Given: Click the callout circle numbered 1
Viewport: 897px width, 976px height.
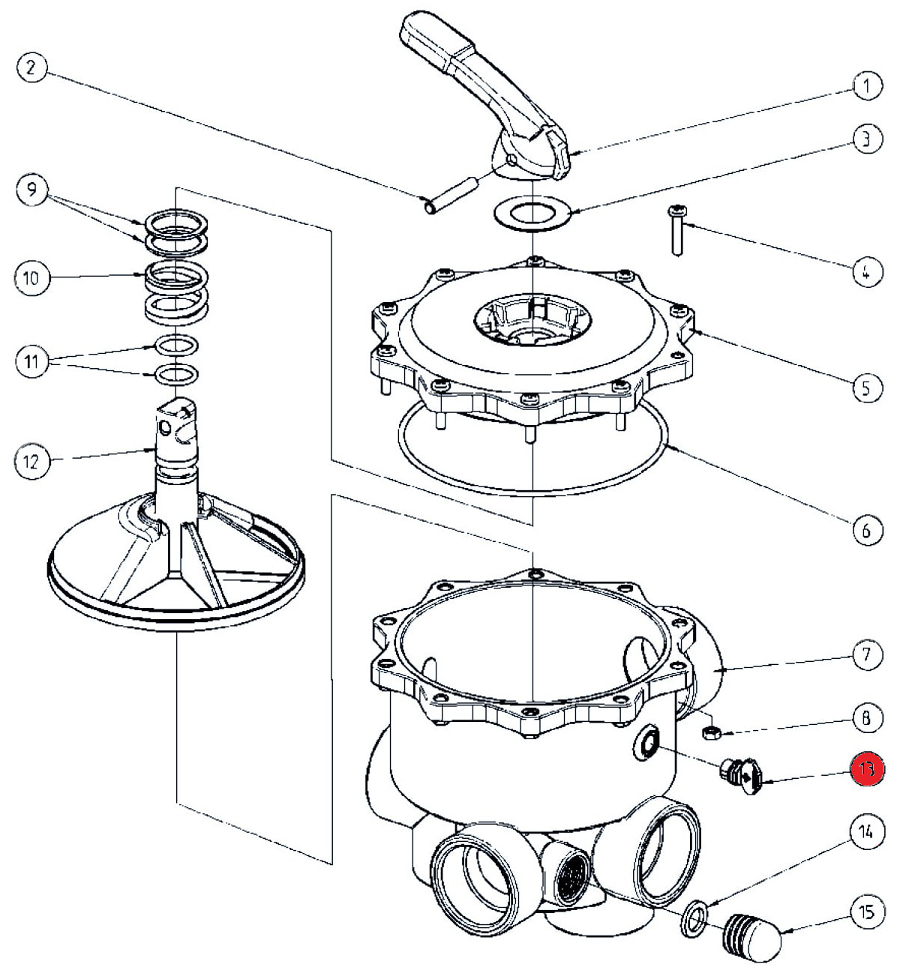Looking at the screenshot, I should [x=866, y=85].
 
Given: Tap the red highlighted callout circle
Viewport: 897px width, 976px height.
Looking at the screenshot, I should [x=867, y=768].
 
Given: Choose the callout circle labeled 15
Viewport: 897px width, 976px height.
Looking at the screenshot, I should [x=866, y=912].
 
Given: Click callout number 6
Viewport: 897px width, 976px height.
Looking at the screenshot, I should [x=866, y=530].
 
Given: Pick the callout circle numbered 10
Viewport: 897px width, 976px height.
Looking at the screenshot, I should [x=31, y=278].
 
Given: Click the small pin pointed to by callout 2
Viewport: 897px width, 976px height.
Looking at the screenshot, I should [x=451, y=193].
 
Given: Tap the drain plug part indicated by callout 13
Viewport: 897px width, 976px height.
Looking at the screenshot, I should [x=741, y=777].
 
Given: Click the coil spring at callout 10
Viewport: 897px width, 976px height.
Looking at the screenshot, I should [x=175, y=289].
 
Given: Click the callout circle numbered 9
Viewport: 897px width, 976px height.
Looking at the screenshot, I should [x=31, y=190].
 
